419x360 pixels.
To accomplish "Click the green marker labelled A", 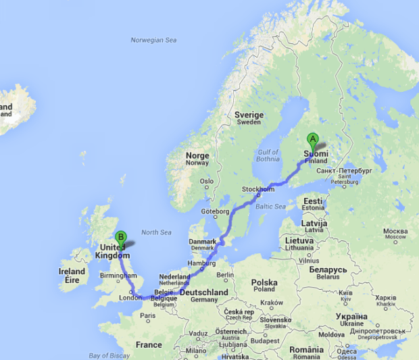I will [x=312, y=139].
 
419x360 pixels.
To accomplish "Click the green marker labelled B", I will [x=121, y=237].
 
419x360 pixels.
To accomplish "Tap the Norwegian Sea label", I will [x=153, y=41].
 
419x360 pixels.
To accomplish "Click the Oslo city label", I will [x=206, y=181].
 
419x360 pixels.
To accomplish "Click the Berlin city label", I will [x=226, y=275].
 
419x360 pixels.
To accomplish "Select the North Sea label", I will [x=156, y=232].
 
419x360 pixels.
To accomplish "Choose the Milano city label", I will [x=197, y=350].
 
